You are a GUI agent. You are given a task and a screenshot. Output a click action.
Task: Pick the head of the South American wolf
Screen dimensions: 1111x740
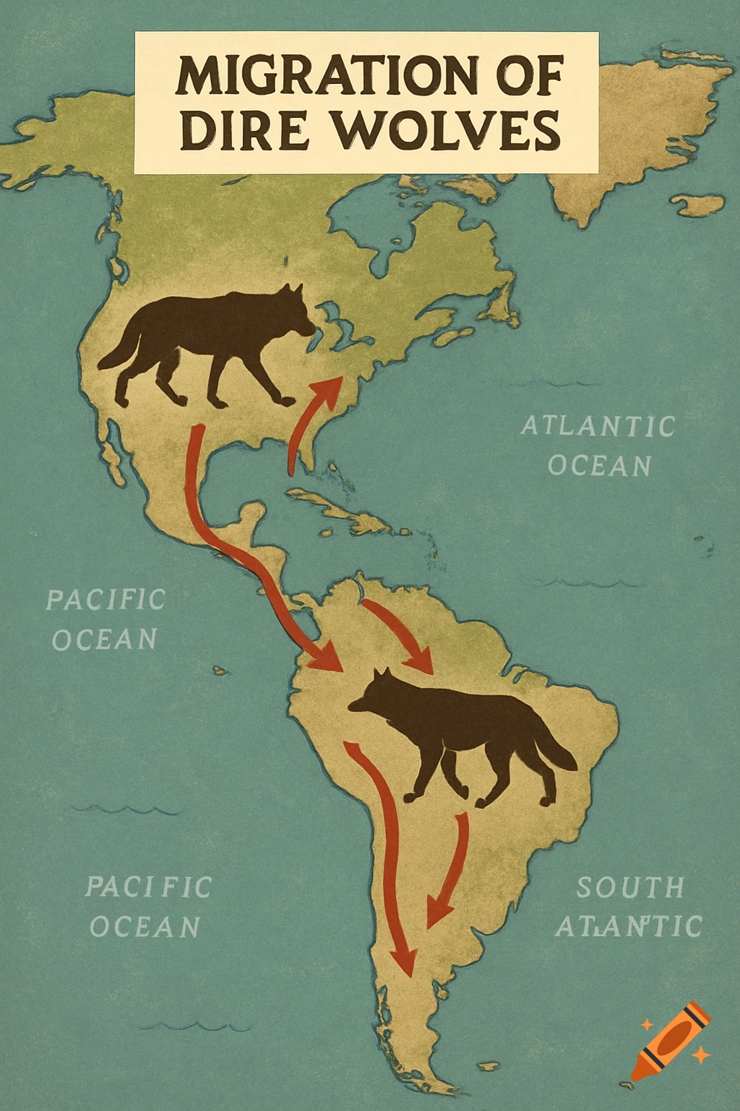373,694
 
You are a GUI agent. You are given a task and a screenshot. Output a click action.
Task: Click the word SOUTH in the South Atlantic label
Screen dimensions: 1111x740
630,887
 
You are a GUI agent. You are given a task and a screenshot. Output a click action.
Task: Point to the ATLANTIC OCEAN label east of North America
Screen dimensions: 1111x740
598,446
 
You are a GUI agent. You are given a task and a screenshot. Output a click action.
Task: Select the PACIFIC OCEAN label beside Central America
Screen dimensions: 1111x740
106,619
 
